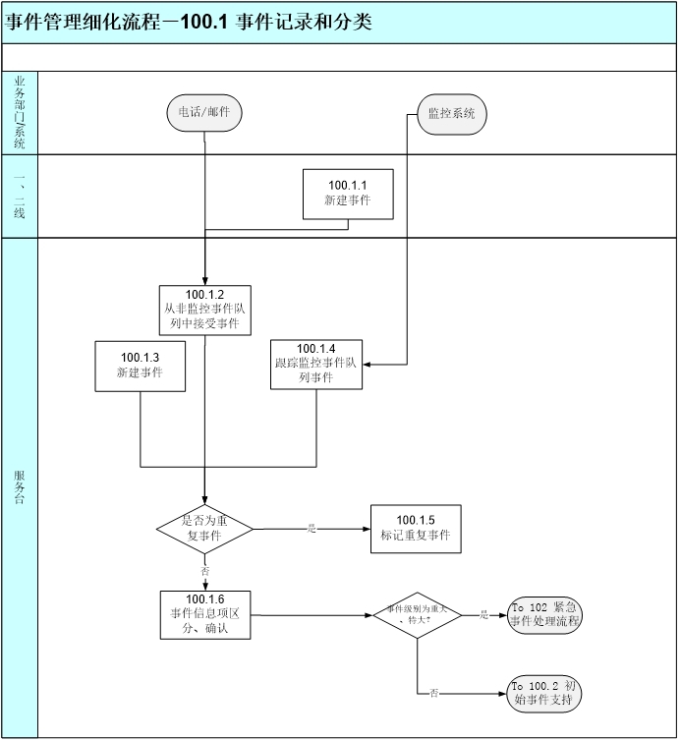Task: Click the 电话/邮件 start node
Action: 203,112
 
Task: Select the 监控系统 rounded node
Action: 451,113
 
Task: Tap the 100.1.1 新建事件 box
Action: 347,193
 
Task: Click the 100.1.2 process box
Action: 206,310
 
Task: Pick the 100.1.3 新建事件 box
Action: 140,366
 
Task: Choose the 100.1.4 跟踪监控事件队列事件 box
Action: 316,364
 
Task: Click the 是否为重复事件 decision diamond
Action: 204,529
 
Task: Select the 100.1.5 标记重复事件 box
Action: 415,528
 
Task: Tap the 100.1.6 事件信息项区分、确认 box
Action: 206,615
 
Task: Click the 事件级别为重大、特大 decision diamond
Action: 417,615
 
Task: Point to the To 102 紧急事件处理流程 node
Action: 544,614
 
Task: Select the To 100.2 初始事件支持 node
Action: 544,693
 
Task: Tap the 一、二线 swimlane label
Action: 20,195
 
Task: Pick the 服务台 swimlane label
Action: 20,487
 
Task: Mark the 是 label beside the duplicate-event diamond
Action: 312,529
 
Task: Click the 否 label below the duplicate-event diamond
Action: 204,570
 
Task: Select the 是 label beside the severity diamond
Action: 483,615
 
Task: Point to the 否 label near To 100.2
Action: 433,693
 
